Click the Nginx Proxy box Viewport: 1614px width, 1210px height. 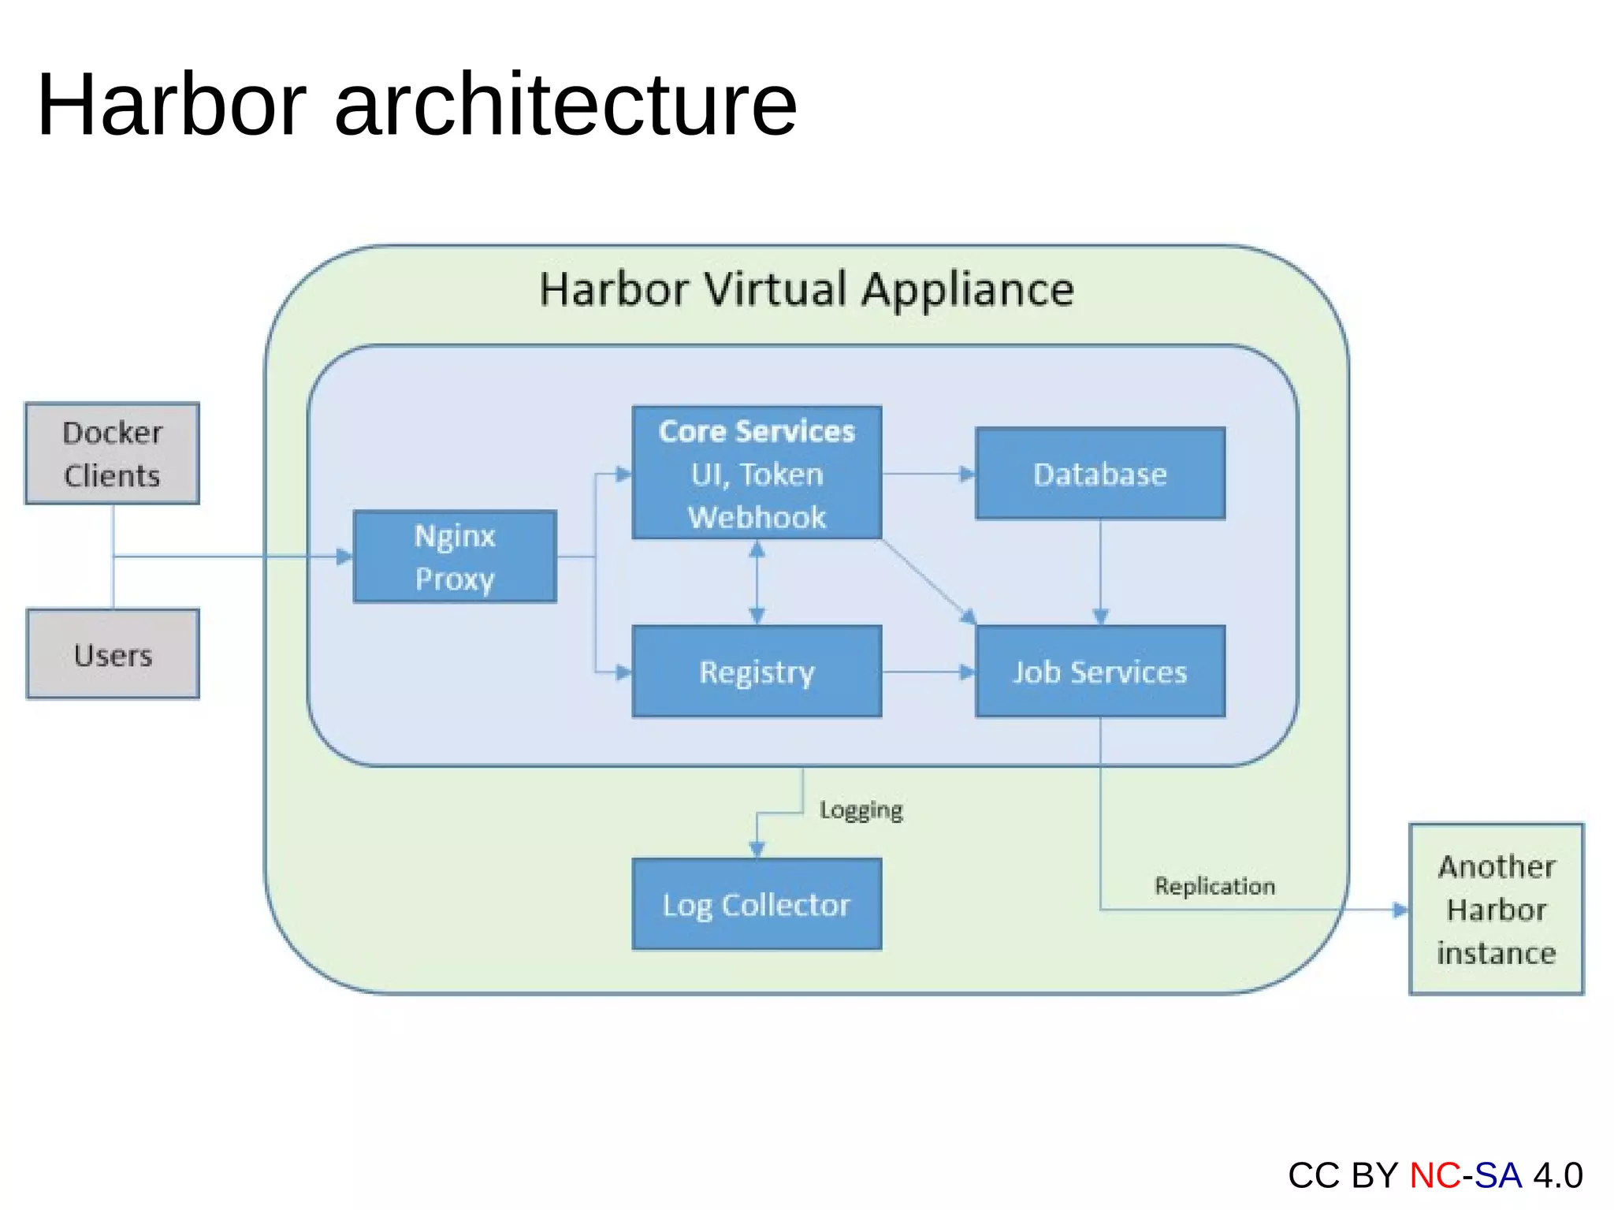pos(455,557)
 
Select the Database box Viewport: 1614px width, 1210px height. pos(1100,473)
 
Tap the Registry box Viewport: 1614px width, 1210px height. pos(757,672)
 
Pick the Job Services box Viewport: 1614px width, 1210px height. pos(1100,672)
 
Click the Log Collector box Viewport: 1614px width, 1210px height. pos(757,904)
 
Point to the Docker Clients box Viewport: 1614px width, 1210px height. pos(112,453)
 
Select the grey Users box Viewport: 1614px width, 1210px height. pos(113,654)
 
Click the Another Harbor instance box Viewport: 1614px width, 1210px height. pos(1496,909)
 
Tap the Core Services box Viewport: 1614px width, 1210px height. pos(757,473)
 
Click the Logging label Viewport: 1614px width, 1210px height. pos(861,810)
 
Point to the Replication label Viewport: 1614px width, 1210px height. pos(1214,886)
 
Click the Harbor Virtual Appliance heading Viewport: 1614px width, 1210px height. pos(806,289)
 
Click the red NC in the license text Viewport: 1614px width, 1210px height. pos(1434,1175)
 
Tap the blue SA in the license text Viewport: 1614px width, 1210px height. pos(1497,1175)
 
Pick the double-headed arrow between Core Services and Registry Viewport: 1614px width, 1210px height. pos(757,582)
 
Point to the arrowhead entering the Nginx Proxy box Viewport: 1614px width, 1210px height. pos(344,557)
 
